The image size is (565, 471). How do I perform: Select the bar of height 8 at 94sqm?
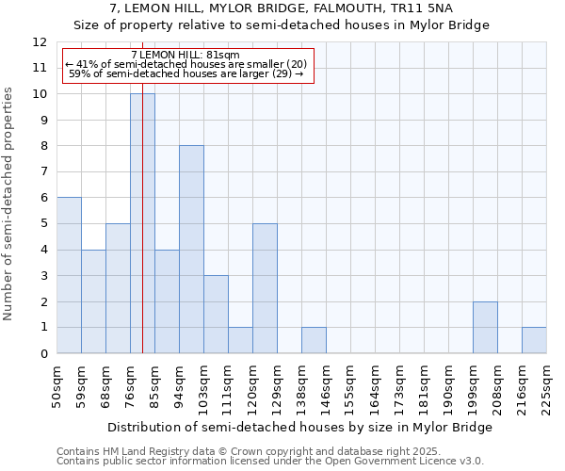click(191, 250)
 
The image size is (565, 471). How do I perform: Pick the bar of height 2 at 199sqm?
click(485, 328)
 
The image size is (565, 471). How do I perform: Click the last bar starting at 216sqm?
click(534, 340)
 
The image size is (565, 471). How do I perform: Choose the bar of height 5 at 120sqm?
click(265, 288)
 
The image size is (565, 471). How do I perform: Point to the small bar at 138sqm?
click(314, 340)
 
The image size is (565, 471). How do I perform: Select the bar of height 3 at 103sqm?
click(216, 315)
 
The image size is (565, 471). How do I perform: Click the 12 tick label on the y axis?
click(40, 42)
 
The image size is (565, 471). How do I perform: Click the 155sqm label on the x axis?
click(350, 386)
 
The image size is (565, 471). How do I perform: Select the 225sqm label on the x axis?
click(546, 386)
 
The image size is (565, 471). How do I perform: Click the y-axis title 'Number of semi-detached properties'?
click(9, 203)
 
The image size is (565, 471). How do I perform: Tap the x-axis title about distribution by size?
click(299, 427)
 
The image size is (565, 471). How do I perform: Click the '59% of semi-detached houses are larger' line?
click(186, 73)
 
